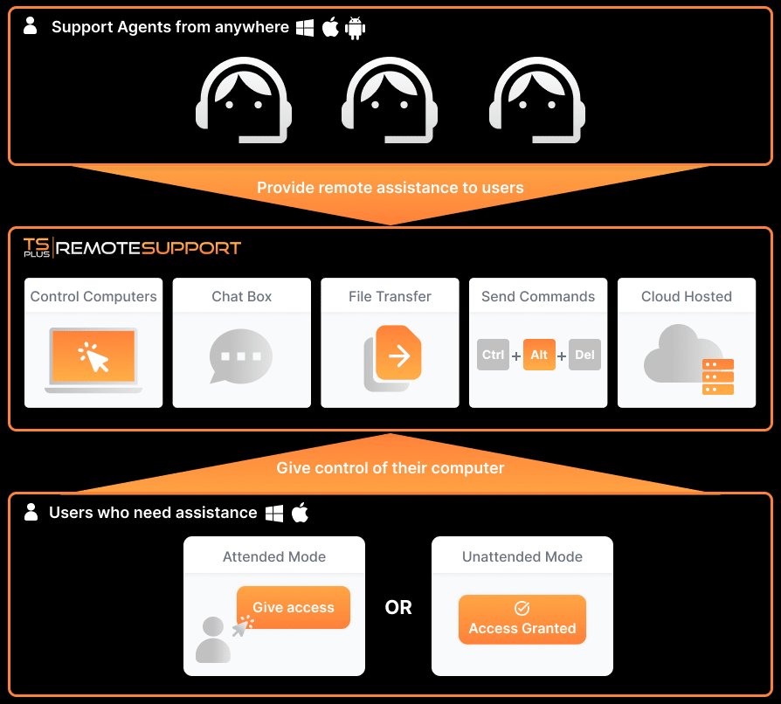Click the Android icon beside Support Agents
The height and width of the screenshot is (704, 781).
pyautogui.click(x=355, y=28)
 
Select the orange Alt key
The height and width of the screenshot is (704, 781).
pyautogui.click(x=539, y=355)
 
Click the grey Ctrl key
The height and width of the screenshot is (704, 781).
pyautogui.click(x=494, y=355)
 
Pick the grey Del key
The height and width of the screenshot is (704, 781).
pyautogui.click(x=584, y=355)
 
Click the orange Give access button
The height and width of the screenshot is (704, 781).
pyautogui.click(x=294, y=607)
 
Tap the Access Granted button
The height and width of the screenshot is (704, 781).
pyautogui.click(x=522, y=619)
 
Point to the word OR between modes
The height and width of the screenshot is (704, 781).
pyautogui.click(x=398, y=608)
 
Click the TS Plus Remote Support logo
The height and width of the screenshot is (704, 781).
pyautogui.click(x=132, y=247)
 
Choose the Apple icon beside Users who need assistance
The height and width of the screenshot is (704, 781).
pyautogui.click(x=300, y=513)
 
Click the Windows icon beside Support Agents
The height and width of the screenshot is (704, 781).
pyautogui.click(x=305, y=28)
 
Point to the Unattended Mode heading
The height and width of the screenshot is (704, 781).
pyautogui.click(x=522, y=556)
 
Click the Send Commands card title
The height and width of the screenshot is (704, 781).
pyautogui.click(x=538, y=296)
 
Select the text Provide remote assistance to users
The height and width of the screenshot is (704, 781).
pyautogui.click(x=390, y=188)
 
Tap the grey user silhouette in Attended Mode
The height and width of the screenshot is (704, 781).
pyautogui.click(x=213, y=639)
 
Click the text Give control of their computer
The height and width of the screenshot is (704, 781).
pyautogui.click(x=390, y=468)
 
